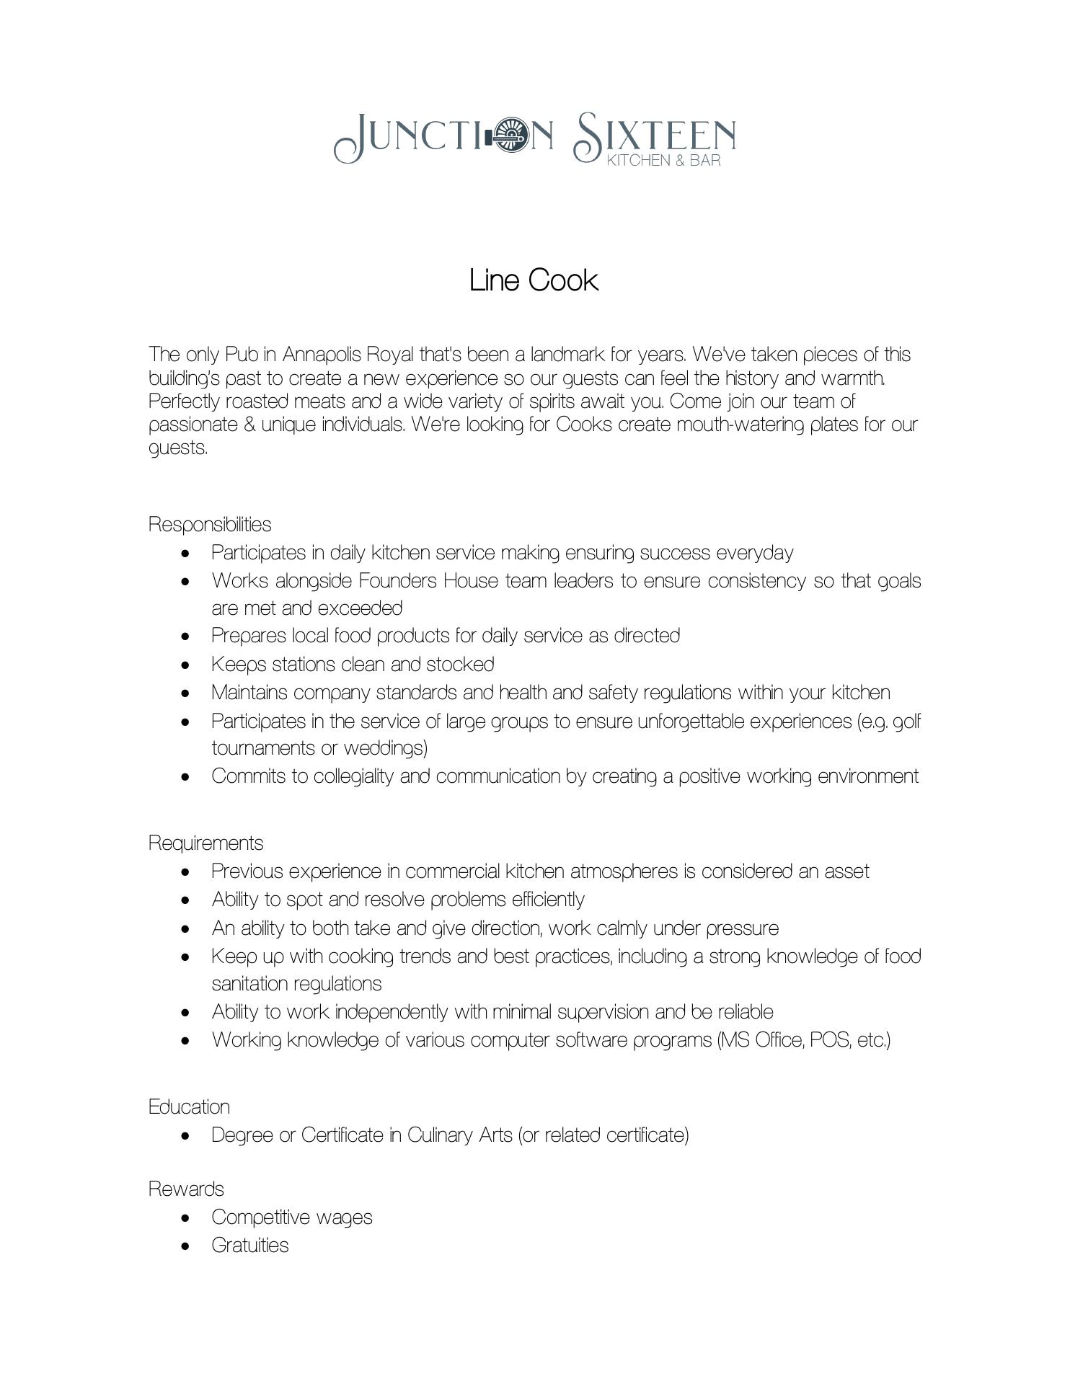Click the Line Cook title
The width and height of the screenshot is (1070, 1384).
534,280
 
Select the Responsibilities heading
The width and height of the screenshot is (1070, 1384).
210,524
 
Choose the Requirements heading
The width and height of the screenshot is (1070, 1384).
205,843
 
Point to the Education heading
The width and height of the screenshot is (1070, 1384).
189,1106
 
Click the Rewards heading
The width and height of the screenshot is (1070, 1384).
186,1189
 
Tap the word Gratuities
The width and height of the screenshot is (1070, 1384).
249,1245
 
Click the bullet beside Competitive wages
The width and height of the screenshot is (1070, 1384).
187,1217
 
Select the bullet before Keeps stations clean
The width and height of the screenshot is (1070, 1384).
187,665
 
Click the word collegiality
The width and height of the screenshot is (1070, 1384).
353,776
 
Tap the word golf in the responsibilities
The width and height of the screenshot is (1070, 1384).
907,721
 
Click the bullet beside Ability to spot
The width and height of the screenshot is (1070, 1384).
187,900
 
